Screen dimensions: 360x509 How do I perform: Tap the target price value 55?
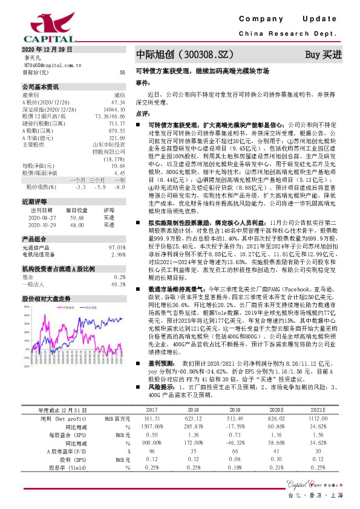point(122,72)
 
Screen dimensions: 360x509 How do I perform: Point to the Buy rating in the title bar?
point(323,55)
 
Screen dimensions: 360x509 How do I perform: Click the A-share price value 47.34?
point(119,102)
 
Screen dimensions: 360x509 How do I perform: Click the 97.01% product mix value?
point(116,248)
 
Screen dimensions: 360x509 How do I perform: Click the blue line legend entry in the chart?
point(48,308)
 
